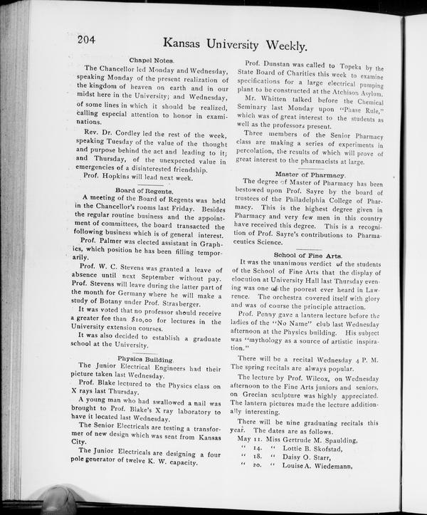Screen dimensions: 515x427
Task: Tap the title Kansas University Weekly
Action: (235, 44)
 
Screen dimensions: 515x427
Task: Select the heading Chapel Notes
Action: (152, 61)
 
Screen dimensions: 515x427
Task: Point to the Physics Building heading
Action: (145, 359)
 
